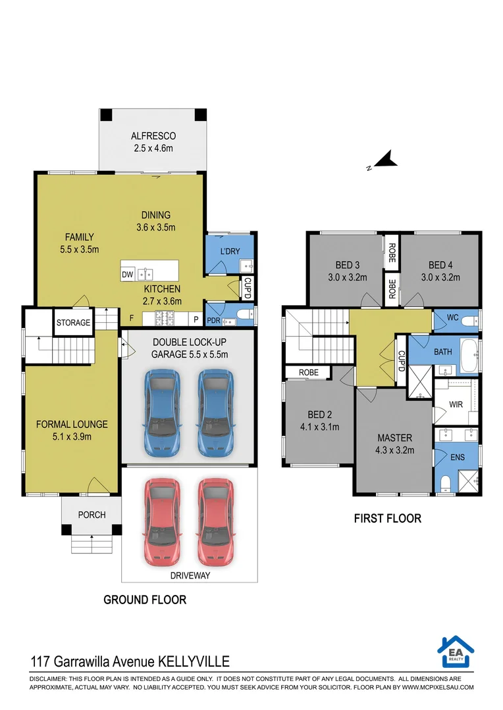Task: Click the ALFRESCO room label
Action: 153,136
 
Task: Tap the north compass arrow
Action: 386,159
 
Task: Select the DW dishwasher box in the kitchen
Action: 128,274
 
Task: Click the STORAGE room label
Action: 74,322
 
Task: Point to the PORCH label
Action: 92,515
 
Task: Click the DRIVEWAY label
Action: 190,575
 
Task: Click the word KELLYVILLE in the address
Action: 193,661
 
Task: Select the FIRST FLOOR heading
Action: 388,519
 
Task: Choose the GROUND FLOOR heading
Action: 145,600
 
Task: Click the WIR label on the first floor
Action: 456,404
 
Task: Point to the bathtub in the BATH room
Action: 469,356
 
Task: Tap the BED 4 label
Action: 440,265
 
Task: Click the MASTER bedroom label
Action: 394,438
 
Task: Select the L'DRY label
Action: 230,251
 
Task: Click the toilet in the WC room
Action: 470,321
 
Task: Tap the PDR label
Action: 213,320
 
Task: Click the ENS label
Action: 457,458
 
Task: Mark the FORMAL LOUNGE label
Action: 72,424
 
